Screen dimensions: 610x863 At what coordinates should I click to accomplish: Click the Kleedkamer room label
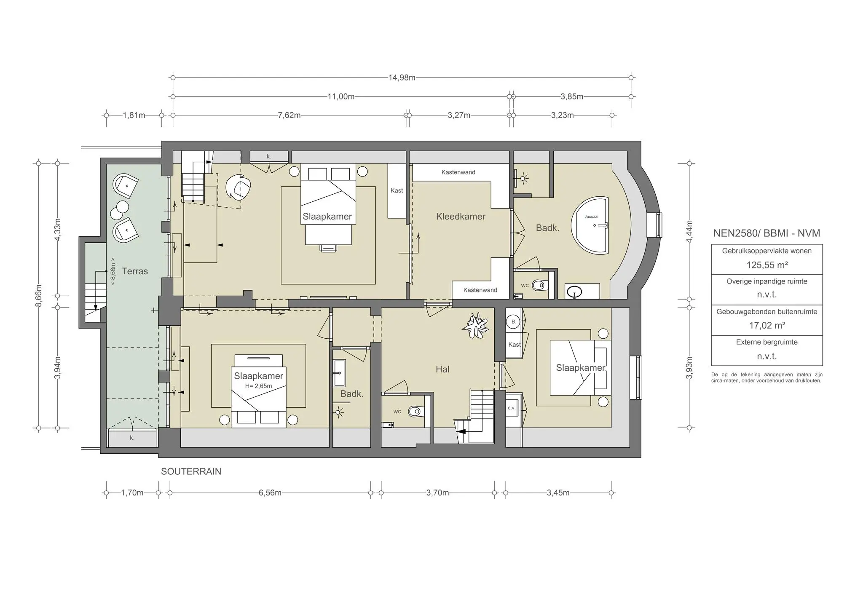click(x=461, y=217)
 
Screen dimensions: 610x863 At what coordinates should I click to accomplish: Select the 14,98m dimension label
click(x=402, y=78)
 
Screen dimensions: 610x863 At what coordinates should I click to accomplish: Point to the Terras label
click(x=135, y=271)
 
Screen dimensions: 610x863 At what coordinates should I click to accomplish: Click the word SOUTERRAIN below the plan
click(x=191, y=471)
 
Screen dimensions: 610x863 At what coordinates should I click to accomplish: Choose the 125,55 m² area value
click(x=767, y=265)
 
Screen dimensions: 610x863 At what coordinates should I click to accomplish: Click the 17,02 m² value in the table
click(x=767, y=325)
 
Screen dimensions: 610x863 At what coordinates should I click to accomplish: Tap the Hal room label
click(x=442, y=369)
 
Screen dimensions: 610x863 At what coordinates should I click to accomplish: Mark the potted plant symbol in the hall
click(x=476, y=325)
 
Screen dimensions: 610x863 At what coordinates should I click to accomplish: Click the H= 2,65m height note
click(x=258, y=386)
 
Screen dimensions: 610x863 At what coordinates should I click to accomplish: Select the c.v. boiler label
click(x=512, y=408)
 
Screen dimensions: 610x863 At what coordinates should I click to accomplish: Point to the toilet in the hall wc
click(x=415, y=411)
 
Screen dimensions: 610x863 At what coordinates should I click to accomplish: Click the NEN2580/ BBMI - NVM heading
click(x=767, y=233)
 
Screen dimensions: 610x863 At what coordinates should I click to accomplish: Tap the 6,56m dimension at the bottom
click(x=270, y=493)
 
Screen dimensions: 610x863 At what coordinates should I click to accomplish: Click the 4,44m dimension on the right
click(x=689, y=231)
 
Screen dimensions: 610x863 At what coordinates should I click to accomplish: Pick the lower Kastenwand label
click(x=480, y=290)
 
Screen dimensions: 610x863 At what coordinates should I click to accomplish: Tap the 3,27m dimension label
click(x=459, y=115)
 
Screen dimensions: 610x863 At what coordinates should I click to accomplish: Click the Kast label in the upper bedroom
click(x=397, y=190)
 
